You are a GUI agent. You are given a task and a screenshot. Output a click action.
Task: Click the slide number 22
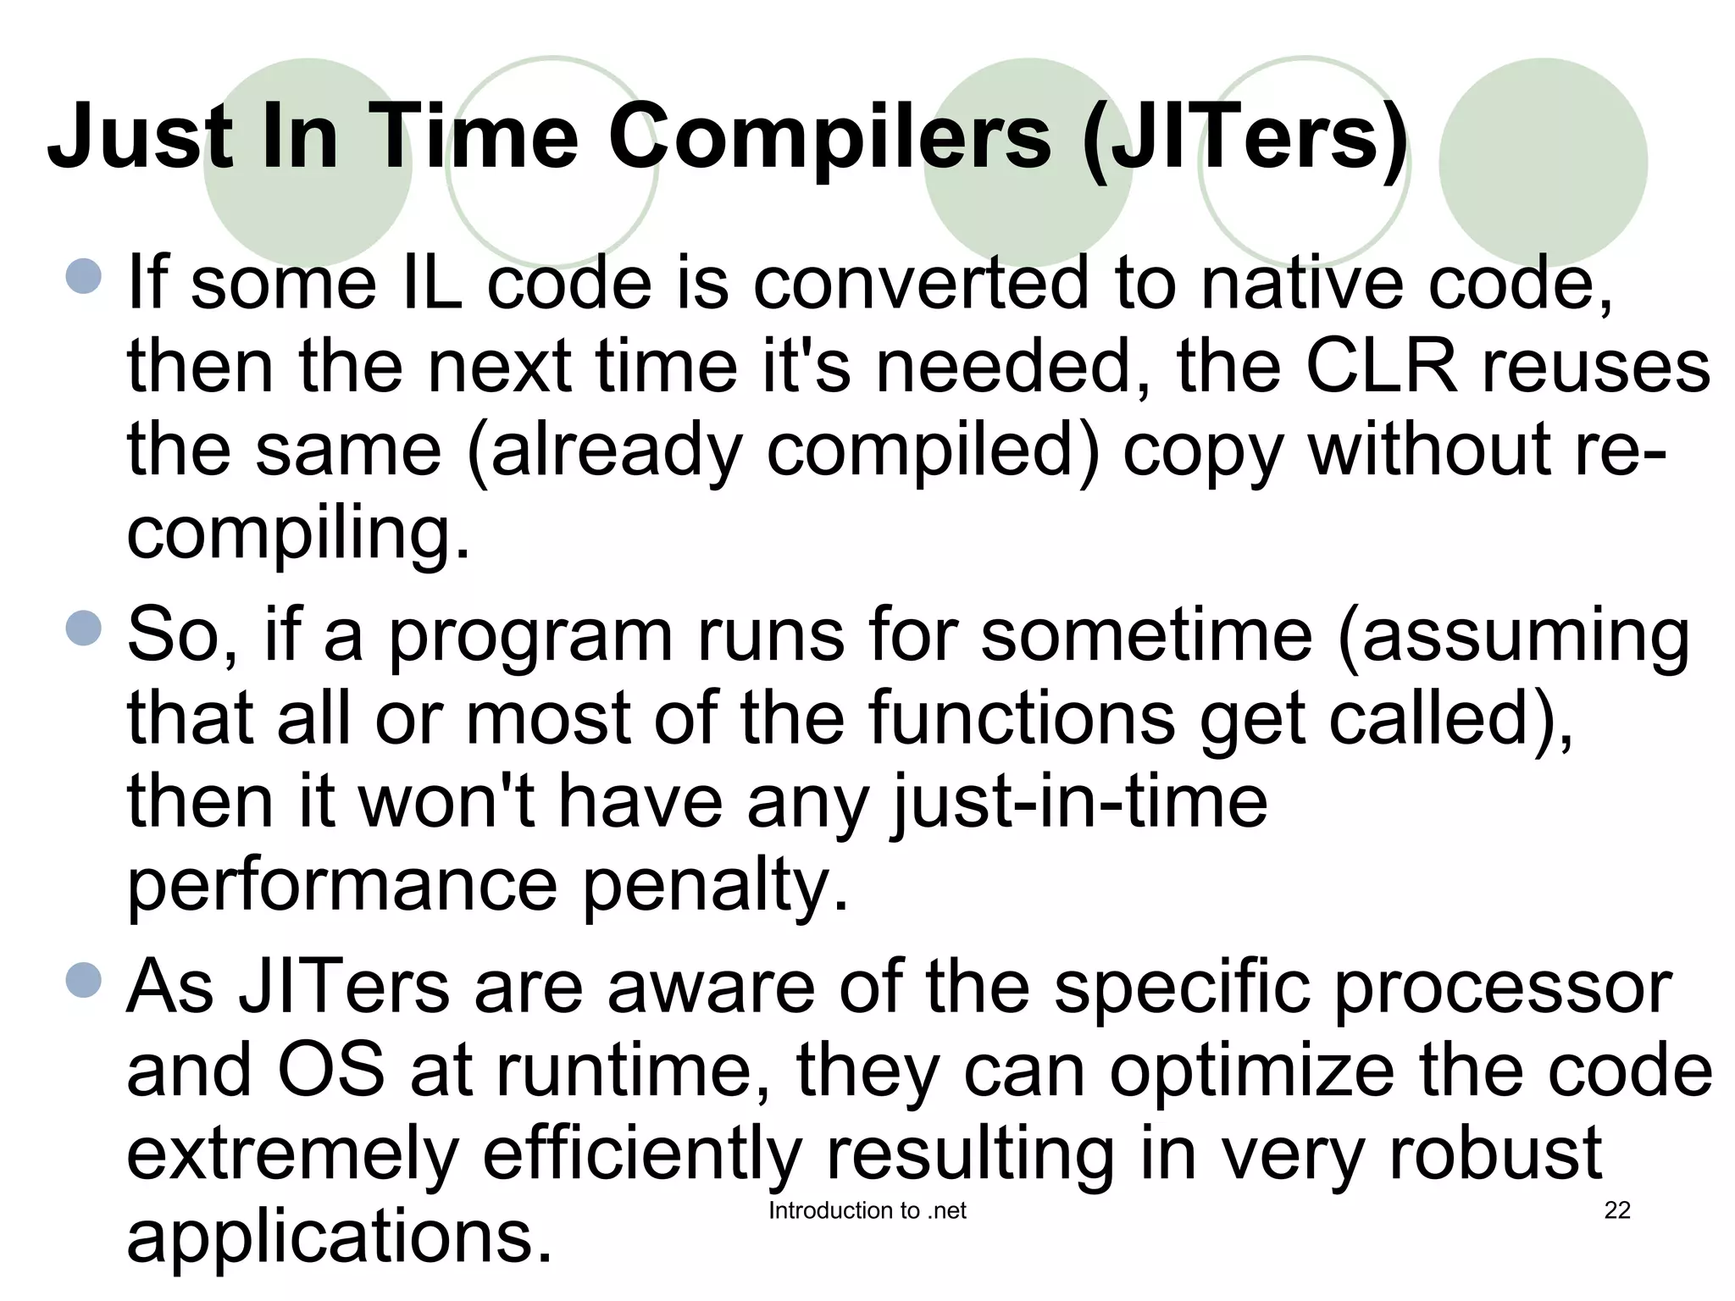click(x=1616, y=1210)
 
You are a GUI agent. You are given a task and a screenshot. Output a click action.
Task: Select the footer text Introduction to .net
click(x=867, y=1210)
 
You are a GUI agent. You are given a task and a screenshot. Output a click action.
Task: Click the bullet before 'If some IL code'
click(x=83, y=276)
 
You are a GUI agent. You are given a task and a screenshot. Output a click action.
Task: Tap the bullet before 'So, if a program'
click(x=83, y=628)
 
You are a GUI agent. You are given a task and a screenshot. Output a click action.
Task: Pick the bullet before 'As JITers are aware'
click(x=83, y=980)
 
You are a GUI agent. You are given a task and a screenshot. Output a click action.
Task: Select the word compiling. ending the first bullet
click(x=298, y=534)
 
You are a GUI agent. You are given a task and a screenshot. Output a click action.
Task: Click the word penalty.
click(x=715, y=886)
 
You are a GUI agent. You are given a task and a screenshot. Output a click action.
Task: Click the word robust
click(x=1494, y=1154)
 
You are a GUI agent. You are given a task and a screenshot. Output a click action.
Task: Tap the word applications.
click(x=339, y=1237)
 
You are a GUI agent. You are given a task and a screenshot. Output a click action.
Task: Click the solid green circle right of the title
click(x=1543, y=162)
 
